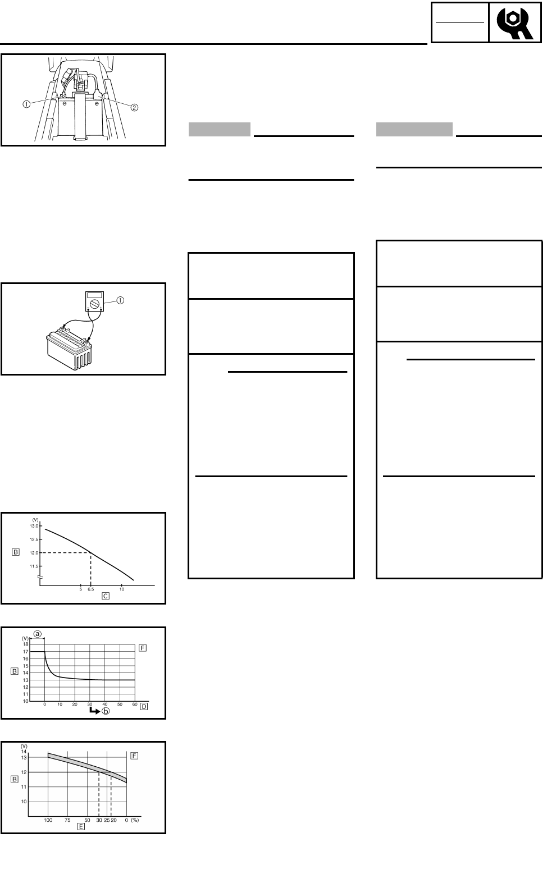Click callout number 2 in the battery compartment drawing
134,108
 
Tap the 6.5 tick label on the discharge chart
91,589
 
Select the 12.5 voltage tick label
34,539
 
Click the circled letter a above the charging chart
38,633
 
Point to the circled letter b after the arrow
107,711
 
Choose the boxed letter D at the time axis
144,706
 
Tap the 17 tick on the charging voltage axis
25,651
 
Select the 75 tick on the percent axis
67,820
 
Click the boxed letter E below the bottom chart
81,826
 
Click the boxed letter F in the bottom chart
134,756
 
